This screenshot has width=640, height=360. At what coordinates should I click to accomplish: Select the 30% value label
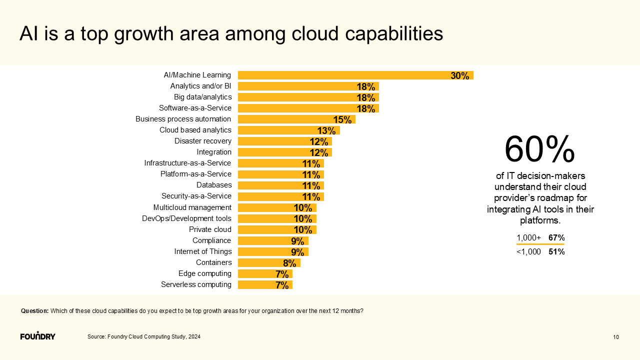pos(459,76)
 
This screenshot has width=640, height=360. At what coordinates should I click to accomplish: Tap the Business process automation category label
pos(183,119)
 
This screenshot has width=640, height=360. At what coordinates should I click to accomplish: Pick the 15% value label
pos(342,120)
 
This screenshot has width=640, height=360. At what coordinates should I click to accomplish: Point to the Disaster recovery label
pos(202,141)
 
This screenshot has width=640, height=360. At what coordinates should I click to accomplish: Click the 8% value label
pos(289,263)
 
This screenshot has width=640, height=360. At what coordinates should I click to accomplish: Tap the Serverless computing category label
pos(196,284)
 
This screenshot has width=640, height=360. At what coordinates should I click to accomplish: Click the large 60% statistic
pos(539,149)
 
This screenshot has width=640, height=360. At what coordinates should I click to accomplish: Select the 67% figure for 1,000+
pos(556,238)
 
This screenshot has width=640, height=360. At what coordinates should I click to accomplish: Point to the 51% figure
pos(556,252)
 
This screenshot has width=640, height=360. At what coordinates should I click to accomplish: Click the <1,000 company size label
pos(528,252)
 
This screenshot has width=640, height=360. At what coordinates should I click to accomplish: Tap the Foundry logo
pos(38,335)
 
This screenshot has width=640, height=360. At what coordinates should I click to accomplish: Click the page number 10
pos(616,337)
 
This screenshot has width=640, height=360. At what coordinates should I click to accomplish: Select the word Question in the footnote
pos(34,311)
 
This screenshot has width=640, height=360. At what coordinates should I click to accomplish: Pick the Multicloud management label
pos(192,207)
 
